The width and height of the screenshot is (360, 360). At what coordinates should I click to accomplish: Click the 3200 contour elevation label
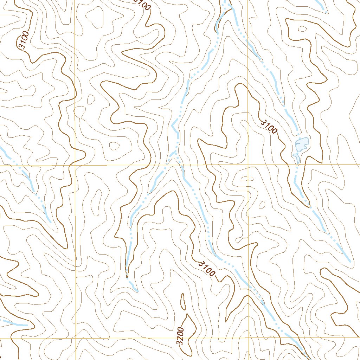pyautogui.click(x=181, y=336)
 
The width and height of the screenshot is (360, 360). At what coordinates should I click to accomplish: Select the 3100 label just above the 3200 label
pyautogui.click(x=207, y=268)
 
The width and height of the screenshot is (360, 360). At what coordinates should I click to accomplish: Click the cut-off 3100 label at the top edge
pyautogui.click(x=142, y=4)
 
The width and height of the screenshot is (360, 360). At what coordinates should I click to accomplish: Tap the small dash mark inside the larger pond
pyautogui.click(x=298, y=143)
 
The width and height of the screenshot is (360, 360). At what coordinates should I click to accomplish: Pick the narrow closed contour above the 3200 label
pyautogui.click(x=183, y=301)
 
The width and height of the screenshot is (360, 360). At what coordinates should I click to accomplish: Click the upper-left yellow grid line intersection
pyautogui.click(x=75, y=165)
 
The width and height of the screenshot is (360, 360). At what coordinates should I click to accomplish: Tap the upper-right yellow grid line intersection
pyautogui.click(x=248, y=165)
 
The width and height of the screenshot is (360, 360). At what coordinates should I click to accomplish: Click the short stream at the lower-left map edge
pyautogui.click(x=14, y=323)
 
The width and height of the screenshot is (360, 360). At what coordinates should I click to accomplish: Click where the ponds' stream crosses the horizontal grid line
pyautogui.click(x=296, y=165)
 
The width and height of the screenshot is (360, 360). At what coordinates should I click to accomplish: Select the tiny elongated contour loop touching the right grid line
pyautogui.click(x=248, y=179)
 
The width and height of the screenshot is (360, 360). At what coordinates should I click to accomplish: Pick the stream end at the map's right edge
pyautogui.click(x=350, y=261)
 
